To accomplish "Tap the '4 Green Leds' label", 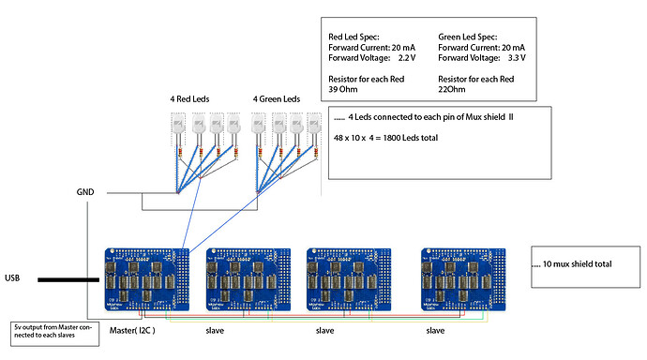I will click(278, 98).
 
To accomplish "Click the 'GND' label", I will click(85, 191).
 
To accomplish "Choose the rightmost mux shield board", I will click(460, 278).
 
